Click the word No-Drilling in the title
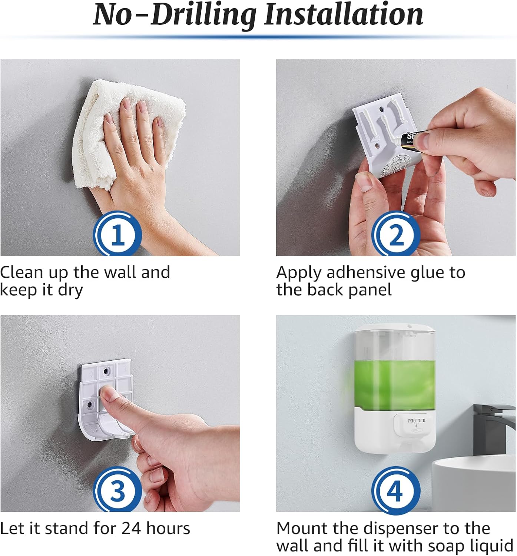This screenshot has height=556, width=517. pos(174,15)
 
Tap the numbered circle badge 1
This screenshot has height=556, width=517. pos(117,234)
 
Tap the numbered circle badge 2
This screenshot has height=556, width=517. pos(396,234)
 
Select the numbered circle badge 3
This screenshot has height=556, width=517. pos(117,490)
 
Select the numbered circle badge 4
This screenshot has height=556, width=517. pos(396,490)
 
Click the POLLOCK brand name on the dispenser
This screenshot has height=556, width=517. pos(416,421)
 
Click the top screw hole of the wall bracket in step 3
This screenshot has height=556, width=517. pos(107,370)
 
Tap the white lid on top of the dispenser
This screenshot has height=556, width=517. pos(394,328)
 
